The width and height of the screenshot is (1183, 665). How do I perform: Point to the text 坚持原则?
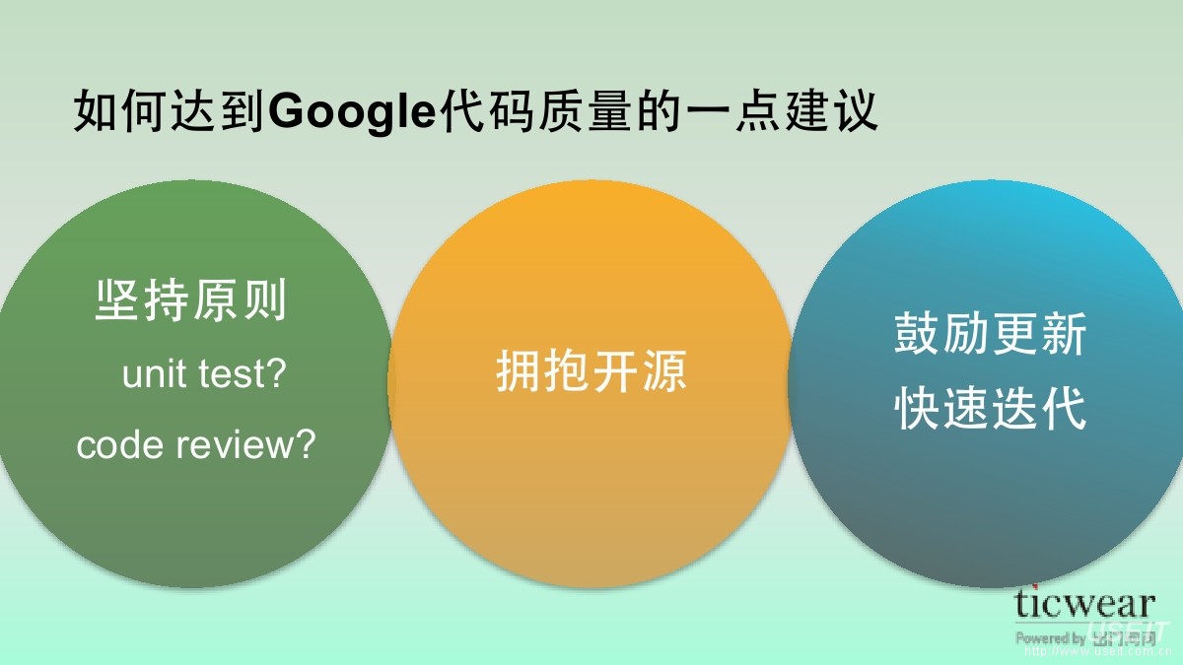pyautogui.click(x=191, y=299)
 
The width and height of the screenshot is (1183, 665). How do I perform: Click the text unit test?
pyautogui.click(x=203, y=374)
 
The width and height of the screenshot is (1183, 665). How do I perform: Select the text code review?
pyautogui.click(x=196, y=445)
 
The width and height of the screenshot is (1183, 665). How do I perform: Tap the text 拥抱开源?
pyautogui.click(x=591, y=372)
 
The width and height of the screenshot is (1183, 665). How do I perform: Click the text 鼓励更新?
pyautogui.click(x=990, y=335)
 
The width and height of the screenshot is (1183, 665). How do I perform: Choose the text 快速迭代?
pyautogui.click(x=990, y=408)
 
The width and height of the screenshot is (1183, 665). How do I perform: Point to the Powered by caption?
pyautogui.click(x=1051, y=638)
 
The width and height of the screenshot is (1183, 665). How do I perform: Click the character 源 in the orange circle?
pyautogui.click(x=664, y=372)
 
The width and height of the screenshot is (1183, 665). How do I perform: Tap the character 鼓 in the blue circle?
pyautogui.click(x=917, y=335)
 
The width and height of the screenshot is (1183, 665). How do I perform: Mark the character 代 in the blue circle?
pyautogui.click(x=1063, y=408)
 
